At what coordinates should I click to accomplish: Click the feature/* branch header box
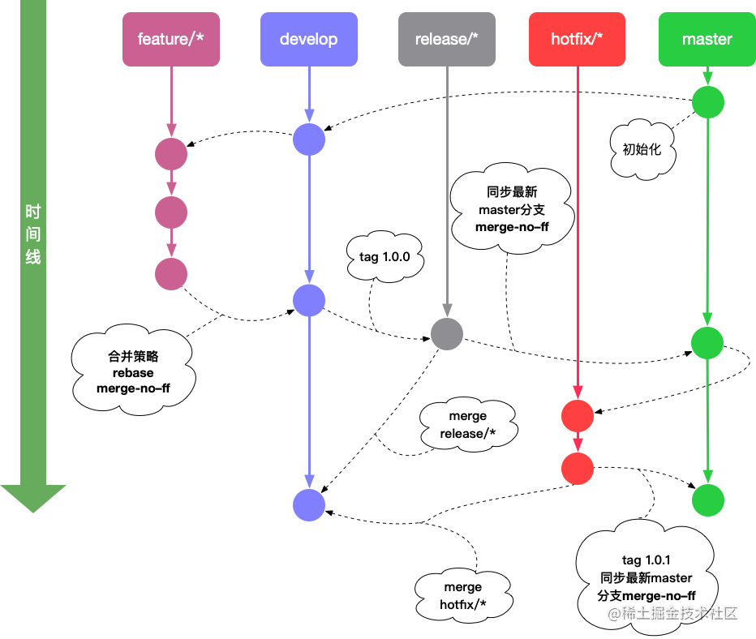coord(170,39)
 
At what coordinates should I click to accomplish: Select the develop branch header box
coord(308,39)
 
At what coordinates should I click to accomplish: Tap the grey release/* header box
coord(447,39)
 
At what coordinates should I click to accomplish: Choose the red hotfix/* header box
coord(577,39)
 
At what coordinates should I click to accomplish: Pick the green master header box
coord(707,39)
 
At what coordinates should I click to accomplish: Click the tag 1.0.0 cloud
coord(384,258)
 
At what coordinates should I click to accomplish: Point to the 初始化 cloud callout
coord(642,150)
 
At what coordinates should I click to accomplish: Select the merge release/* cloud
coord(468,425)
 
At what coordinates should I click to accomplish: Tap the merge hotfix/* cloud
coord(462,595)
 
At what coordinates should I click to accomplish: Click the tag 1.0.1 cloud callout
coord(646,577)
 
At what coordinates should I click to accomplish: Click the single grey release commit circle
coord(447,333)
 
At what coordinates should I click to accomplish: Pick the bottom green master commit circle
coord(708,500)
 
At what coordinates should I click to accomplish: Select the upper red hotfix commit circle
coord(578,416)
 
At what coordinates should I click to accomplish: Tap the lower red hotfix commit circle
coord(578,468)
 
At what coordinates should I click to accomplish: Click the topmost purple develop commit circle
coord(309,139)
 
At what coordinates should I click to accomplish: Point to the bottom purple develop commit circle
coord(309,504)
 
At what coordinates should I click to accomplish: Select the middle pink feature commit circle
coord(171,212)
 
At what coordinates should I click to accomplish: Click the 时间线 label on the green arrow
coord(33,235)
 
